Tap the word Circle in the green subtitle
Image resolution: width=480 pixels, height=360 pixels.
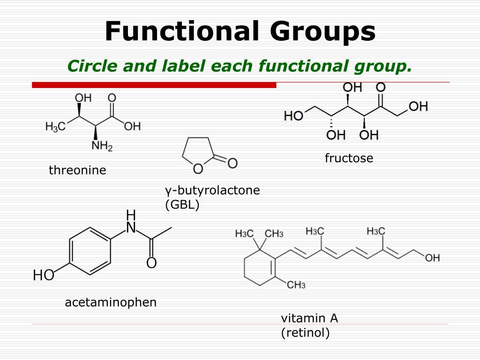click(92, 66)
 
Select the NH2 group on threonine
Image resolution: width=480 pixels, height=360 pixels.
click(102, 146)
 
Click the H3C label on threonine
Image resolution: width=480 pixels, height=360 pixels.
click(55, 127)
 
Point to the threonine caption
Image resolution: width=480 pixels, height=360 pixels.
click(77, 170)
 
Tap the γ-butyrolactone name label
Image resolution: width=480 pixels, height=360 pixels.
click(212, 190)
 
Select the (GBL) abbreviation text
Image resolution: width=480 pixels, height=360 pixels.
click(182, 204)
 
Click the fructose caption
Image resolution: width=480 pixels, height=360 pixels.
click(349, 158)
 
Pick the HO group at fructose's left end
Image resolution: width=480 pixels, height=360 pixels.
click(294, 115)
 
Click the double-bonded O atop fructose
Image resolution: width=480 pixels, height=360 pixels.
click(381, 88)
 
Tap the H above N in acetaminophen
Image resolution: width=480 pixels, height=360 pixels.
click(131, 215)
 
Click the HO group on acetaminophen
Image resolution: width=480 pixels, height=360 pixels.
click(44, 276)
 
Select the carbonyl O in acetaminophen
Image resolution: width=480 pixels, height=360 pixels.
click(151, 263)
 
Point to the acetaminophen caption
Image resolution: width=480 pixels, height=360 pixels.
click(111, 302)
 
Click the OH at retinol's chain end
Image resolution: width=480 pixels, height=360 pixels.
click(432, 258)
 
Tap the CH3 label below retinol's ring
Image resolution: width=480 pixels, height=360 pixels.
click(296, 285)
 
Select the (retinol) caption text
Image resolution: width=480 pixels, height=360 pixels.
click(305, 333)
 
